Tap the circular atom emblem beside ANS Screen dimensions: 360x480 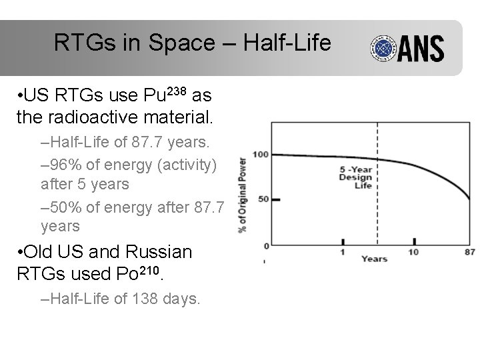pos(383,48)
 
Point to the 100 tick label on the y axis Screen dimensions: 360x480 pos(260,155)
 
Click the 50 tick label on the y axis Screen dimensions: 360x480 pos(263,199)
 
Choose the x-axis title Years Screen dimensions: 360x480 pos(374,258)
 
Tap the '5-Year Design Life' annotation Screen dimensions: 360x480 pos(355,177)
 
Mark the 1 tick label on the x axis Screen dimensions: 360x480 pos(343,252)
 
